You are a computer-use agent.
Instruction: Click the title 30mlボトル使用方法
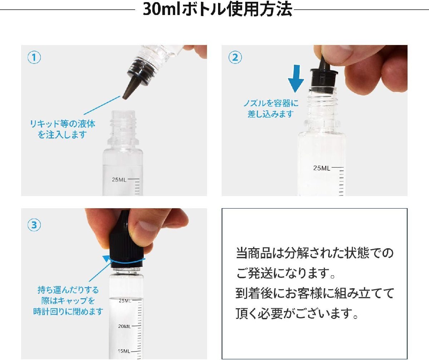(x=217, y=9)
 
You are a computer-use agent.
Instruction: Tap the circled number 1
(x=34, y=57)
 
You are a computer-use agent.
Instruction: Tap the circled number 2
(x=235, y=57)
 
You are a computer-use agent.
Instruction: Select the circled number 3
(x=34, y=225)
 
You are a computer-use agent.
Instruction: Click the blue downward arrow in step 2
(x=296, y=79)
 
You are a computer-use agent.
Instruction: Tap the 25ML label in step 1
(x=119, y=180)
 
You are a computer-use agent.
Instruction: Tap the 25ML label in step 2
(x=321, y=168)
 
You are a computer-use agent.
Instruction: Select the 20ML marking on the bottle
(x=124, y=326)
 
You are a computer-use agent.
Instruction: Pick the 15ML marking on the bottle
(x=124, y=351)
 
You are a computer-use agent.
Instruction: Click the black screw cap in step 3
(x=125, y=244)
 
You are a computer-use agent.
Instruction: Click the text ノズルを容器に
(x=271, y=103)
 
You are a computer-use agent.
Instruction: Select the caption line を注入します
(x=62, y=135)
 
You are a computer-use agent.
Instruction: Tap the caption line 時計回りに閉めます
(x=68, y=311)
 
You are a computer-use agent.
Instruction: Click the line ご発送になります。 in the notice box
(x=286, y=273)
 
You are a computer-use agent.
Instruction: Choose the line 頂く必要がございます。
(x=297, y=314)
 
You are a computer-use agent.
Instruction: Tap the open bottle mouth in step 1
(x=123, y=112)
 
